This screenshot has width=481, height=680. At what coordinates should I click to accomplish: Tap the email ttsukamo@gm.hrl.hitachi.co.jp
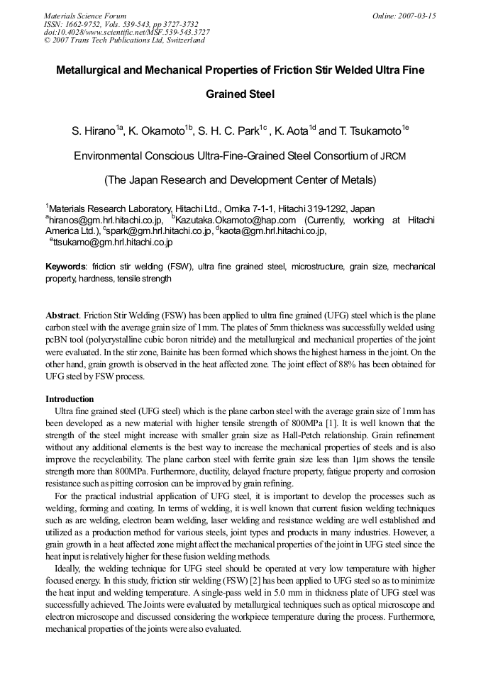pos(113,242)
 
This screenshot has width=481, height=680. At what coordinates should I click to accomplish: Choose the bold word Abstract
pos(62,315)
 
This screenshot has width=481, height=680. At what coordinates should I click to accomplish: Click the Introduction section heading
pos(70,398)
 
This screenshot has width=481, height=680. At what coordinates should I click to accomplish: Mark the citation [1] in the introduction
pos(330,422)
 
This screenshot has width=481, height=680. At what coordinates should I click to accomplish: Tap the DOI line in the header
pos(127,31)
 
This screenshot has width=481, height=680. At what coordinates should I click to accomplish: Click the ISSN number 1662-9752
pos(84,23)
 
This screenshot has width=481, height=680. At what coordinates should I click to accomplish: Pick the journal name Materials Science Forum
pos(85,16)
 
